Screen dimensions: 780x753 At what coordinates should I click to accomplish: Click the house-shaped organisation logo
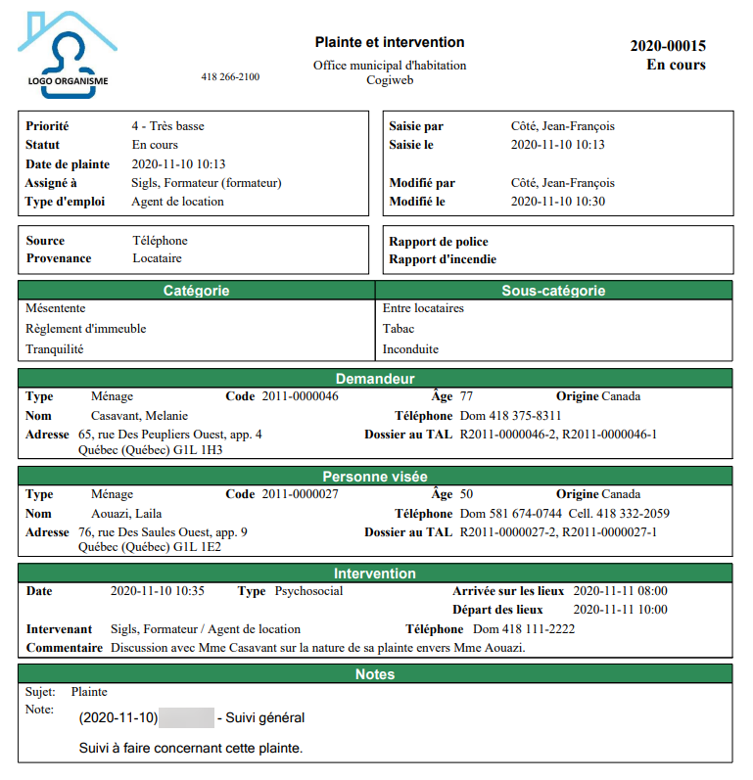67,55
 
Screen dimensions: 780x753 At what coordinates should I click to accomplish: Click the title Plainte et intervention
390,42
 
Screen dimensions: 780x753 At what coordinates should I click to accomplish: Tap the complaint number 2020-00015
667,46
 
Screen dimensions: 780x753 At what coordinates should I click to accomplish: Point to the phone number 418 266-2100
230,76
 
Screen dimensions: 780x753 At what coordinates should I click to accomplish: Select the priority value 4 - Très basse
167,126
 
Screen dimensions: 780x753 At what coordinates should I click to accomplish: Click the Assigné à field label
51,183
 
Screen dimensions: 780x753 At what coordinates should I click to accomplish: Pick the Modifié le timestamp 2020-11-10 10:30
558,202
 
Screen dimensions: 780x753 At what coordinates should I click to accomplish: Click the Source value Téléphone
160,241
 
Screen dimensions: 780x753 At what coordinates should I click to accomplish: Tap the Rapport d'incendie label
443,259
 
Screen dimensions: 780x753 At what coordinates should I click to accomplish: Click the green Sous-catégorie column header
553,291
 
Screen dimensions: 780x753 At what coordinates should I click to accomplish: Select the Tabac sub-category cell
399,329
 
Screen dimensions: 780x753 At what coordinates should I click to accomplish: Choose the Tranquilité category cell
55,349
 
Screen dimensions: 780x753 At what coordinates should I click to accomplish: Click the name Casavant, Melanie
132,416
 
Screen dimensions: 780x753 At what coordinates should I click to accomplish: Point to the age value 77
467,396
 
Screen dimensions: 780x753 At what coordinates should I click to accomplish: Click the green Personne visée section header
375,477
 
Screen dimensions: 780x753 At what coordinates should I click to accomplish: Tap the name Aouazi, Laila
126,514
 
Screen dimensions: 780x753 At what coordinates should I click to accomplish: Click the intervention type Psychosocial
309,591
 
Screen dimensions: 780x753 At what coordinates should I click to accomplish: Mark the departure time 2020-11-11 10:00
620,610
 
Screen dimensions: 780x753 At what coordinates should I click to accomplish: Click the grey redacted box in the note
186,718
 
